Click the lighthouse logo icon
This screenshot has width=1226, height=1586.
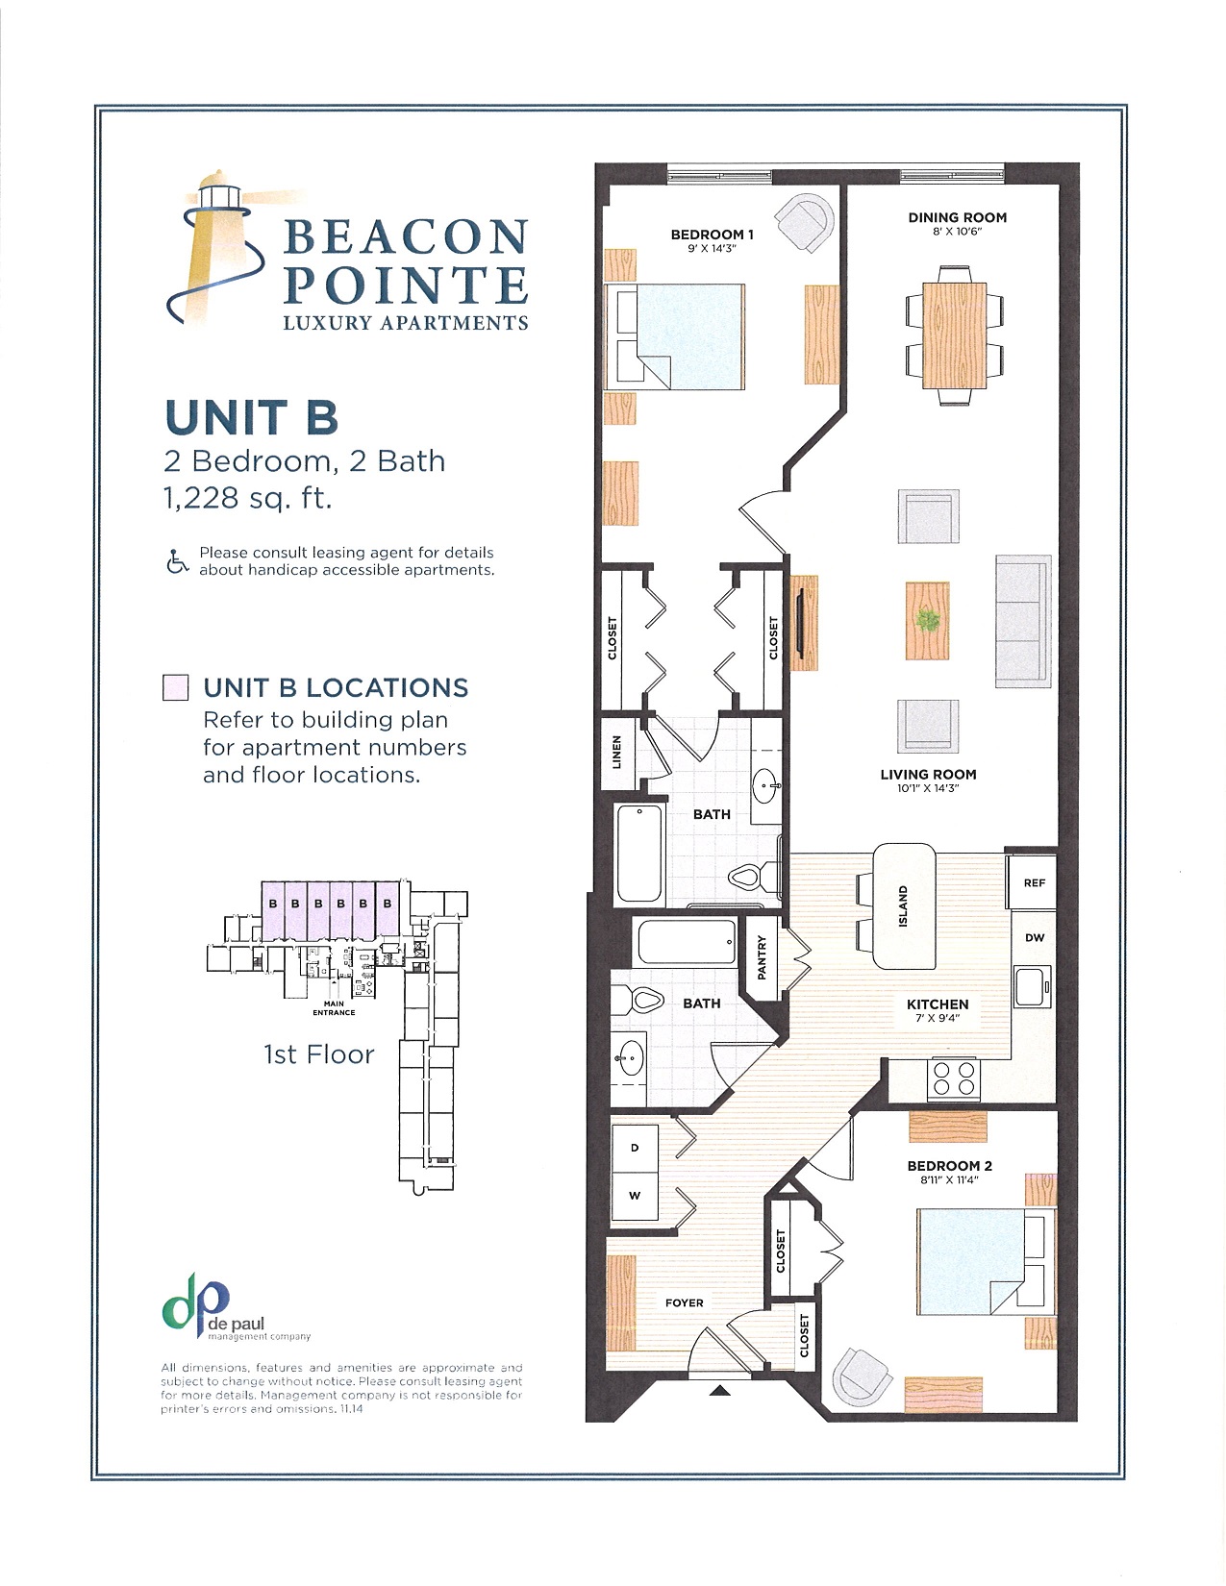[x=219, y=248]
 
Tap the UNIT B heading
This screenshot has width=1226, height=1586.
[x=252, y=417]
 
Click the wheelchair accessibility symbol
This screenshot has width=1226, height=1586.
[x=178, y=561]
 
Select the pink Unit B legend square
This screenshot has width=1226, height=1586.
[x=176, y=688]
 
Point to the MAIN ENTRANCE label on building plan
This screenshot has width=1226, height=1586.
[x=334, y=1008]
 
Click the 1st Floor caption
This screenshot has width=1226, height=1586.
[x=318, y=1054]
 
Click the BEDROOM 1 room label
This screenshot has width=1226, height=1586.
[x=712, y=235]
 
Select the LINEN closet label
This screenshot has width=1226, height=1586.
[x=617, y=752]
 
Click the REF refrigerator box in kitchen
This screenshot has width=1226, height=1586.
[x=1034, y=882]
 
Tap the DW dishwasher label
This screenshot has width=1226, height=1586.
[x=1034, y=937]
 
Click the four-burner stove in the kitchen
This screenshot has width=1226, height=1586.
[x=953, y=1078]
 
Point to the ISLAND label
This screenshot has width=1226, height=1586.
[x=903, y=906]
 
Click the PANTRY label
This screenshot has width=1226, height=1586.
[x=763, y=957]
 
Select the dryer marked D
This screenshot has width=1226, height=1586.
[x=635, y=1148]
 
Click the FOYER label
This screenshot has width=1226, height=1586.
[x=684, y=1302]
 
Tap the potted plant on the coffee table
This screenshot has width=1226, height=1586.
[x=928, y=621]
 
